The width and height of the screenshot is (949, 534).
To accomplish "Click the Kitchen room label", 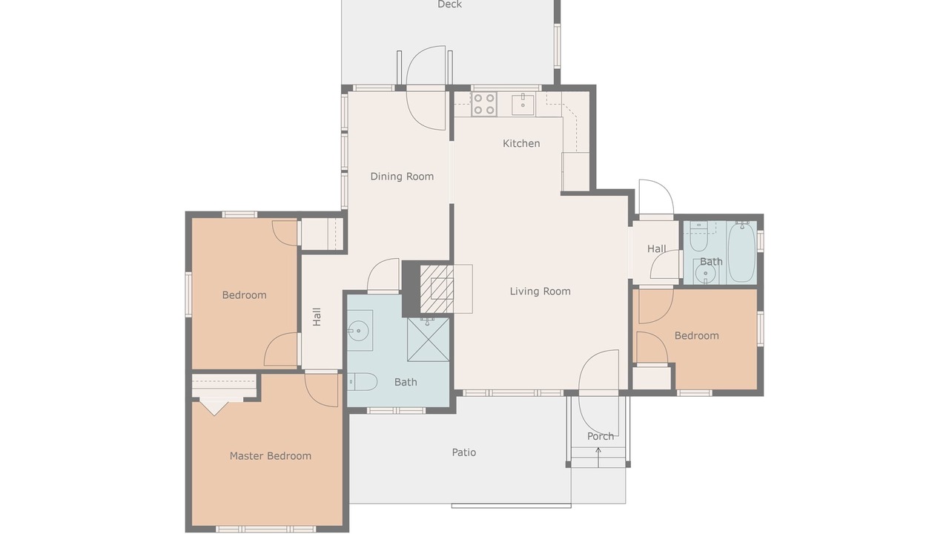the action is (521, 144).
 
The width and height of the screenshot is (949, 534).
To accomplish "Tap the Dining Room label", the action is (402, 177).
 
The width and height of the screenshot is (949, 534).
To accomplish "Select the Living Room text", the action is (540, 291).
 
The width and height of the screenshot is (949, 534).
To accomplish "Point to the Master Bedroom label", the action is (271, 456).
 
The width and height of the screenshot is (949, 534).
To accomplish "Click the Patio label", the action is (464, 452).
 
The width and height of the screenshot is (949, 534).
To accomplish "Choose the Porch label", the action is (601, 436).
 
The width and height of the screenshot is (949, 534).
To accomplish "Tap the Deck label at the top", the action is (449, 4).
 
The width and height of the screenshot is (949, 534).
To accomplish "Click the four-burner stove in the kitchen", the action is (484, 105).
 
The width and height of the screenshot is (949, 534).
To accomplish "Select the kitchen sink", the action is (523, 105).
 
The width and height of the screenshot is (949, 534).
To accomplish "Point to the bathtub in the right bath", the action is (741, 252).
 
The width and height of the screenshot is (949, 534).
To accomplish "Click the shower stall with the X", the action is (428, 340).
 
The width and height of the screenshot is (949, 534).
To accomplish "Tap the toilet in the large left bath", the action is (363, 382).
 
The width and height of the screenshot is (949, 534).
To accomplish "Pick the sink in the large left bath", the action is (360, 331).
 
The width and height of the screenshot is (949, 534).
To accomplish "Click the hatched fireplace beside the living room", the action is (437, 289).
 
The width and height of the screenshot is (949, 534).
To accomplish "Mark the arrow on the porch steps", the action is (598, 458).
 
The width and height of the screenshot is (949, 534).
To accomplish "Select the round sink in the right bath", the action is (705, 274).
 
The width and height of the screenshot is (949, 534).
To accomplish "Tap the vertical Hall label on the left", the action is (317, 317).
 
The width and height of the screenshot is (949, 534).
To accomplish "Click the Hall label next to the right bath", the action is (656, 248).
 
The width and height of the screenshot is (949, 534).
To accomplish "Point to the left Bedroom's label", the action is (245, 295).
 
